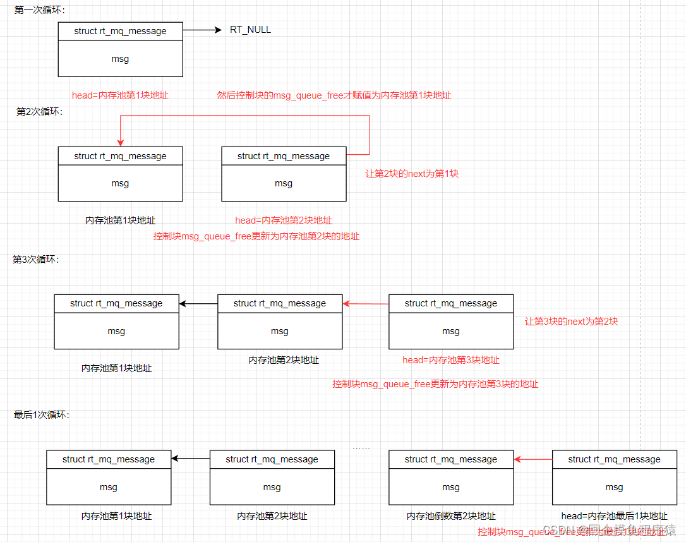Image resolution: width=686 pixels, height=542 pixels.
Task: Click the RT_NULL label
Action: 250,30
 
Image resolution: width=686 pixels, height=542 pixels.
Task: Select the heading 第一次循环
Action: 40,10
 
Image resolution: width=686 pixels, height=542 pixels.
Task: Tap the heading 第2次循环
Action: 40,111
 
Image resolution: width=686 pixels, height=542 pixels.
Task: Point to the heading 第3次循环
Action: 36,259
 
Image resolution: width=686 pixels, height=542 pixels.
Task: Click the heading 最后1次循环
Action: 42,414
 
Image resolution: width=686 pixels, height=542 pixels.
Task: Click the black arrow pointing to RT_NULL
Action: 202,30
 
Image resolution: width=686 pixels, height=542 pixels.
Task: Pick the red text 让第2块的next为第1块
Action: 412,173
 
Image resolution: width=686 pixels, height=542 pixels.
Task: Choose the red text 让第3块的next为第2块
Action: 571,321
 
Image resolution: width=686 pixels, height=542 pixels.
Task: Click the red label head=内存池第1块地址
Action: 120,95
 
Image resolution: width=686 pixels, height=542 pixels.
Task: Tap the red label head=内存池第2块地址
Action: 284,220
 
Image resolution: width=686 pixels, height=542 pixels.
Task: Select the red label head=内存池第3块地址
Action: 451,360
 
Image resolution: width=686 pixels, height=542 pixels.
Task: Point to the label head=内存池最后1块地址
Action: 614,516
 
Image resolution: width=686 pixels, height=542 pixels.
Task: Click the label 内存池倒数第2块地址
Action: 451,516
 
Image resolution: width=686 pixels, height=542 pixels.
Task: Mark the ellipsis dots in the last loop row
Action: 361,448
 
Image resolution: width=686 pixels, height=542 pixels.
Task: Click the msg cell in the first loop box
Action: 120,59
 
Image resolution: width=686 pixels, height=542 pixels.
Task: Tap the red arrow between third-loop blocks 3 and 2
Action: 366,304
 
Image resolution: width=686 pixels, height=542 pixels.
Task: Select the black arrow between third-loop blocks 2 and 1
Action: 198,304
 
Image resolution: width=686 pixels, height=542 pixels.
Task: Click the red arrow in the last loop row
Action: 533,459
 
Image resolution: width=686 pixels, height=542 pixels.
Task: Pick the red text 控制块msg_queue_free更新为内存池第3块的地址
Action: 435,383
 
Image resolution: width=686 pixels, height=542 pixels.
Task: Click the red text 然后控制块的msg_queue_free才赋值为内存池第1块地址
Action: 334,95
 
